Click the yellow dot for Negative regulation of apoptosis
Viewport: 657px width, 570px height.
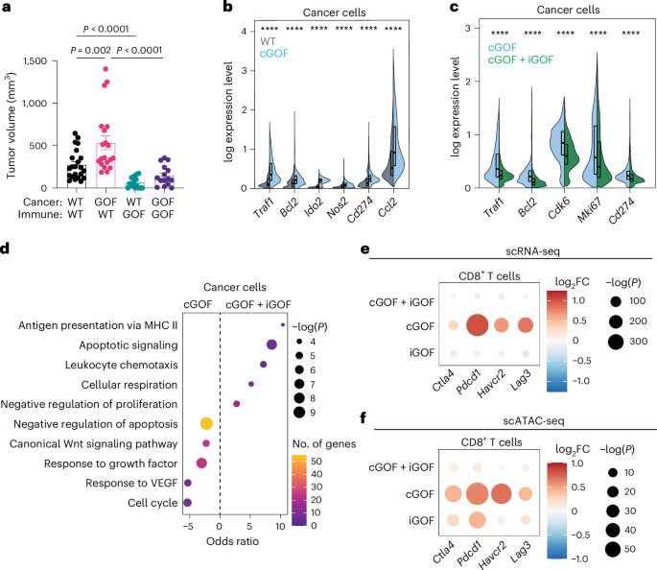206,424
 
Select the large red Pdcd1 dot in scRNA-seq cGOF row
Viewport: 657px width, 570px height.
477,325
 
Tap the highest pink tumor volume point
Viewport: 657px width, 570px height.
106,69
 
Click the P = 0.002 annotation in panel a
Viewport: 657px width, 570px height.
90,51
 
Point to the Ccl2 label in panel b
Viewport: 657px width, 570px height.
387,207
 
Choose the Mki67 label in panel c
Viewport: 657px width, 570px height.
590,209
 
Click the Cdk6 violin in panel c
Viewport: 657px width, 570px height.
564,142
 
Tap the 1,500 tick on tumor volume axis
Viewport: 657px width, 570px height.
35,61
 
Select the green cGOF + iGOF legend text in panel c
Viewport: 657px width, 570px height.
521,59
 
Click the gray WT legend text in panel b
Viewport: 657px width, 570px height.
268,41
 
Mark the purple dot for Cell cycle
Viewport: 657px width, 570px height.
187,503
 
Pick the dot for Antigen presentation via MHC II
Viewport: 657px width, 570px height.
283,324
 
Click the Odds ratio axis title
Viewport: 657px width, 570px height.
232,541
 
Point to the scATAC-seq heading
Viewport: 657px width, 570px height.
533,421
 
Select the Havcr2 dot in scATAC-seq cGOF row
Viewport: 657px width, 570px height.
501,494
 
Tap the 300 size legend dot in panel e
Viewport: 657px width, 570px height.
616,342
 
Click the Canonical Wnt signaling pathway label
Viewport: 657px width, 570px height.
93,444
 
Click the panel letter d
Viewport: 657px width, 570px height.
5,249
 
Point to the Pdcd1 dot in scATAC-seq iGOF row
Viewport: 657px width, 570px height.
477,520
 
